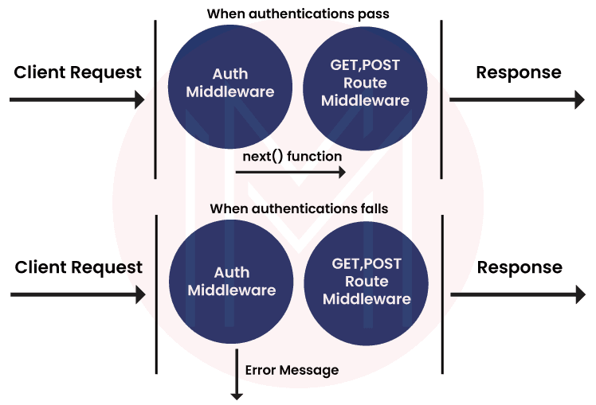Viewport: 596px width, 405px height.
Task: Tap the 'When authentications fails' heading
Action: click(x=299, y=208)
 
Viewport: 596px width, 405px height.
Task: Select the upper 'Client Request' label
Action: click(x=78, y=72)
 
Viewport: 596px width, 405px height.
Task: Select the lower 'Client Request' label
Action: click(x=79, y=267)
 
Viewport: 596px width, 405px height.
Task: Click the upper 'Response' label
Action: click(x=519, y=72)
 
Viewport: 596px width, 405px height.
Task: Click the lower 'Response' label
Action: click(x=520, y=267)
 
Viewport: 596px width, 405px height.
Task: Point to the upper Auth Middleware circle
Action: click(x=230, y=84)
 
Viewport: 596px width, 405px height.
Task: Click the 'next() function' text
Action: click(x=292, y=157)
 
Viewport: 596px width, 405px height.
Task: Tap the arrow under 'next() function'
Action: click(x=295, y=172)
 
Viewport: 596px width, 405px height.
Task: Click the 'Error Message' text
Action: click(x=292, y=370)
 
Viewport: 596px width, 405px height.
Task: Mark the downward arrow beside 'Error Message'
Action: click(x=237, y=374)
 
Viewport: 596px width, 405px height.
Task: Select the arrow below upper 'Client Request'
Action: click(x=77, y=100)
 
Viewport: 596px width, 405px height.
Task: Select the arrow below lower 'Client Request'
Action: click(x=78, y=294)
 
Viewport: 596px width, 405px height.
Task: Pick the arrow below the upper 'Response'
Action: click(x=517, y=99)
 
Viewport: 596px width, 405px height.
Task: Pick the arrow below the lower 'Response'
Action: click(x=518, y=294)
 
